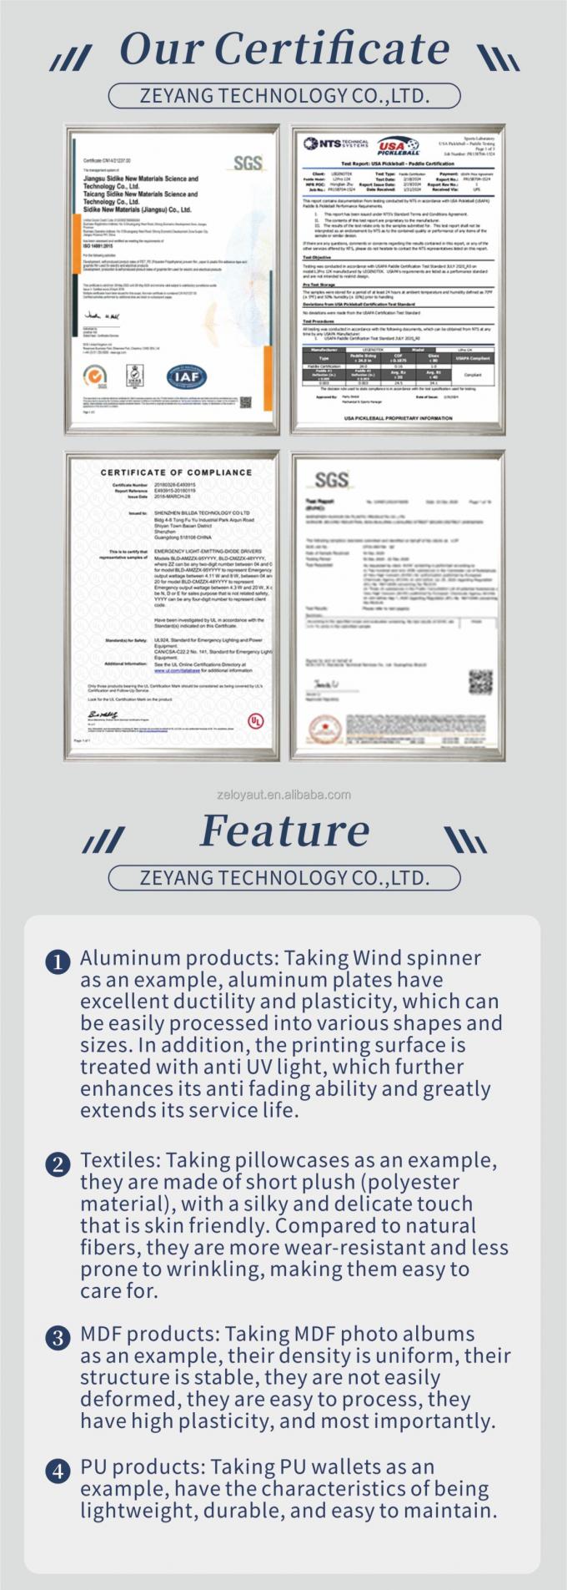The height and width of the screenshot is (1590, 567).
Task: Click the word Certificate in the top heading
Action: tap(332, 49)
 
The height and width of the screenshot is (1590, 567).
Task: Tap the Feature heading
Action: tap(285, 830)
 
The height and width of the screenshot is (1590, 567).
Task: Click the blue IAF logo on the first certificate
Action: tap(186, 376)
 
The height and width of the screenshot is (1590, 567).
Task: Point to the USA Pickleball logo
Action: tap(398, 147)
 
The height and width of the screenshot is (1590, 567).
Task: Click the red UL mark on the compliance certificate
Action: tap(255, 719)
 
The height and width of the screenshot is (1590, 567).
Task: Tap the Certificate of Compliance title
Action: tap(176, 472)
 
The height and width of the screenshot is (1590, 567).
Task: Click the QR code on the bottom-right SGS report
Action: tap(479, 682)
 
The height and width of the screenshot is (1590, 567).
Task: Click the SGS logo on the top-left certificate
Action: tap(248, 163)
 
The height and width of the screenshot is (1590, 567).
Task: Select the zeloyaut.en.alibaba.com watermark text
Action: tap(283, 795)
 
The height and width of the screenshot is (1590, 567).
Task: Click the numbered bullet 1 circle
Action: tap(58, 962)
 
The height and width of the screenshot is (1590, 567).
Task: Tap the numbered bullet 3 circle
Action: tap(58, 1339)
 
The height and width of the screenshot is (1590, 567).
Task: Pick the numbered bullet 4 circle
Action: tap(58, 1471)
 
